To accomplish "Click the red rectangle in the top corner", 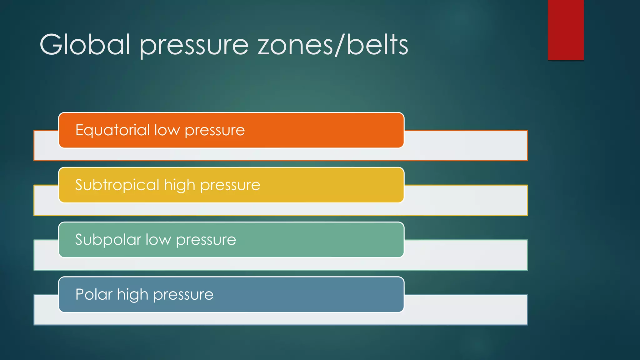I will (566, 30).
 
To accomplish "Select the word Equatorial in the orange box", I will (112, 130).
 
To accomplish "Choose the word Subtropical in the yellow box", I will (117, 185).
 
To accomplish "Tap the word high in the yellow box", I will (179, 185).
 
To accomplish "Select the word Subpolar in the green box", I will (108, 240).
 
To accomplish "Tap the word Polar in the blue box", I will (94, 294).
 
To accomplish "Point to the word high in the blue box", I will (132, 295).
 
